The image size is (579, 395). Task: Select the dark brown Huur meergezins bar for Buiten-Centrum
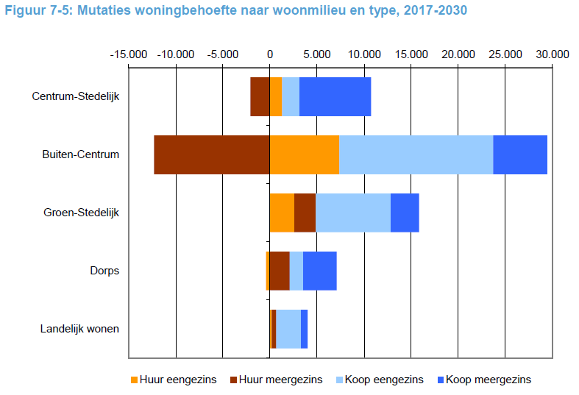point(212,154)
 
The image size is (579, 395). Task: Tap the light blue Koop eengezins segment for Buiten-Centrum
point(416,154)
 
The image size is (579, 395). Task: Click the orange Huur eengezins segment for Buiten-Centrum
point(304,154)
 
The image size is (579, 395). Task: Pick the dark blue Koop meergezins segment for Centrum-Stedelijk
point(335,96)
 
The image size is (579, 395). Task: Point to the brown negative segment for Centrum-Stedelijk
point(260,96)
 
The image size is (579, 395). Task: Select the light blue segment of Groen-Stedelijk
point(352,213)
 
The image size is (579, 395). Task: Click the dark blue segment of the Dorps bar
point(319,270)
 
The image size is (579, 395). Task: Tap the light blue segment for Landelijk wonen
point(288,328)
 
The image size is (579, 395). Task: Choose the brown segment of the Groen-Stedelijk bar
point(305,213)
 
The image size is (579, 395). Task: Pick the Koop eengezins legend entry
point(377,380)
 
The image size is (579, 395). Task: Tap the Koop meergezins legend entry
point(483,380)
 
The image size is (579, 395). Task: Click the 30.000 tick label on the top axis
point(552,54)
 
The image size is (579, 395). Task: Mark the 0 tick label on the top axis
point(270,54)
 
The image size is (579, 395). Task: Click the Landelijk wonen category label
point(79,328)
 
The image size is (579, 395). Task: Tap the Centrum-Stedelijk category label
point(76,96)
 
